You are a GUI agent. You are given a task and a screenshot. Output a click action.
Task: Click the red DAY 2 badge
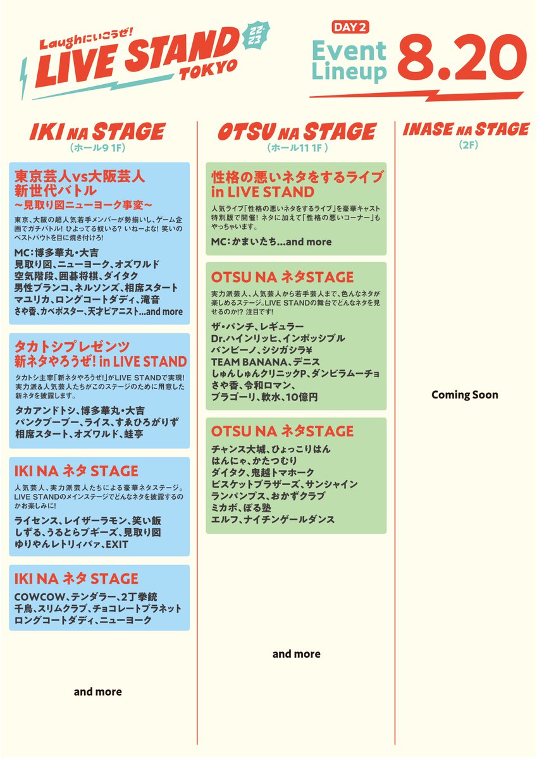click(x=350, y=27)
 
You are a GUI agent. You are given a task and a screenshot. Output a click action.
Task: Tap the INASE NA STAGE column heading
click(x=465, y=130)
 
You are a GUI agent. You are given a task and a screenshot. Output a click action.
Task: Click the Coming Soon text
click(x=465, y=395)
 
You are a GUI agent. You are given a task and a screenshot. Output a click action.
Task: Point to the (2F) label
click(x=465, y=145)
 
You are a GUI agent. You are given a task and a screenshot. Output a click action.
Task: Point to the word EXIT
click(x=117, y=545)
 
